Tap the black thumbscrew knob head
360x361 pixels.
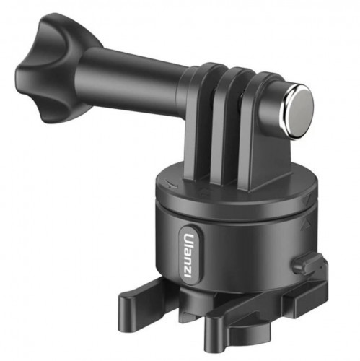52,69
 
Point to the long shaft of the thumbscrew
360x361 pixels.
130,79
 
